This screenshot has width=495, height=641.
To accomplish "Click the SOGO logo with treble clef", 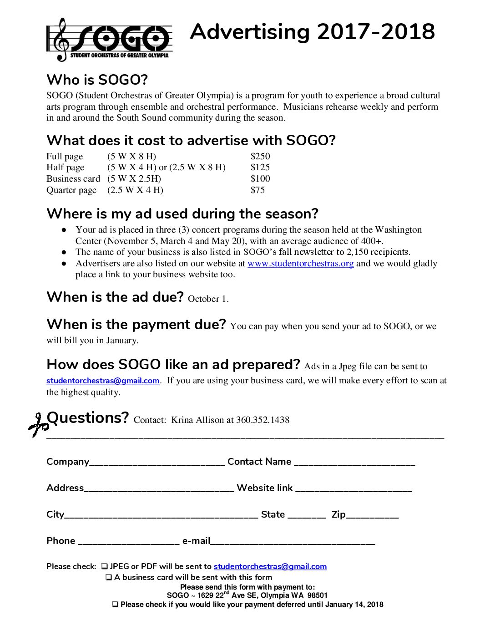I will click(109, 40).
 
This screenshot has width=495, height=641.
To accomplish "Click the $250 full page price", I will click(260, 156).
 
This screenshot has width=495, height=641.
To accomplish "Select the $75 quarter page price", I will click(258, 190).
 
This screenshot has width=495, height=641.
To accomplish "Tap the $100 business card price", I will click(260, 178).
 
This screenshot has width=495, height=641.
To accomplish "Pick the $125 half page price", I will click(260, 167).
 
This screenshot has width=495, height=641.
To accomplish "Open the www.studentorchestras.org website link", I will click(300, 264).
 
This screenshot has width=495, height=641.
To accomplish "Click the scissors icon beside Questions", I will click(38, 425).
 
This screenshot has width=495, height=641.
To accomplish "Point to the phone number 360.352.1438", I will click(263, 420).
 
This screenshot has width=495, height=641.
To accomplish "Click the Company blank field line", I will click(157, 463).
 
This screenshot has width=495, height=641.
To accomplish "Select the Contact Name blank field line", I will click(354, 463).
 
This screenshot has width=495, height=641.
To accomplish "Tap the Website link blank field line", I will click(354, 490).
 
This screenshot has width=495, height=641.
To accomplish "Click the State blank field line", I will click(307, 516).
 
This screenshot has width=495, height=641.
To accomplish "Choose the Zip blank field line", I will click(372, 516).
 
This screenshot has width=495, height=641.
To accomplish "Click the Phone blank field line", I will click(129, 543).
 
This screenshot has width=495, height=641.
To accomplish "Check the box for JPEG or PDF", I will click(105, 566).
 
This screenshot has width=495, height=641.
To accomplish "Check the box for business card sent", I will click(109, 577).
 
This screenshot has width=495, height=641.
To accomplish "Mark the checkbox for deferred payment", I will click(116, 605).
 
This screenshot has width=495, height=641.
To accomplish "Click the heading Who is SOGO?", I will click(97, 80).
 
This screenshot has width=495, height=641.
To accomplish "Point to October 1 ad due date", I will click(207, 299).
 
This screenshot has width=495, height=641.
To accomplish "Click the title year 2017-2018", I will click(376, 32).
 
